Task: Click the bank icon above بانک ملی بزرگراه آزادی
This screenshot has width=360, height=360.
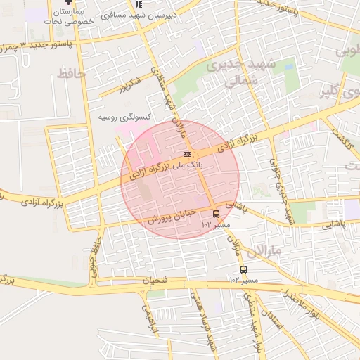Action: pyautogui.click(x=187, y=153)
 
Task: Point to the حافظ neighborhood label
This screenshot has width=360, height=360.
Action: pyautogui.click(x=71, y=73)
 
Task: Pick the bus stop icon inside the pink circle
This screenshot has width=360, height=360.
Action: pyautogui.click(x=215, y=214)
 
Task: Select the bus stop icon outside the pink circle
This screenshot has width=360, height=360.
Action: pyautogui.click(x=243, y=269)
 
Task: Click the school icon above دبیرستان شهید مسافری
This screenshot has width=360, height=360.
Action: pyautogui.click(x=137, y=4)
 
